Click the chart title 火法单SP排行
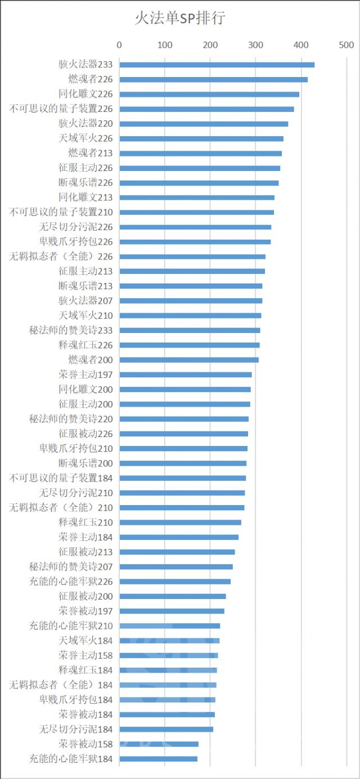coord(179,19)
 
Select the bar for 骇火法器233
coord(217,65)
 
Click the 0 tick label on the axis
coord(119,44)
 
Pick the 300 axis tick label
coord(255,44)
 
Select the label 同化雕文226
coord(85,94)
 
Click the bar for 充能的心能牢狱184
coord(158,759)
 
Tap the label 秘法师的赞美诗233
coord(71,330)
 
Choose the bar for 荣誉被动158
coord(159,744)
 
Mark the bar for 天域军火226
coord(201,138)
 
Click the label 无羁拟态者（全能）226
coord(61,256)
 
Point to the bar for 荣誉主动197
coord(185,375)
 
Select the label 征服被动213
coord(85,552)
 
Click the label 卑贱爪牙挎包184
coord(76,700)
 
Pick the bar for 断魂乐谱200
coord(182,463)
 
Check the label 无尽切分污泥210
coord(76,493)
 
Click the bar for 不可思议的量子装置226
coord(206,109)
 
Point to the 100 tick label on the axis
coord(164,44)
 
